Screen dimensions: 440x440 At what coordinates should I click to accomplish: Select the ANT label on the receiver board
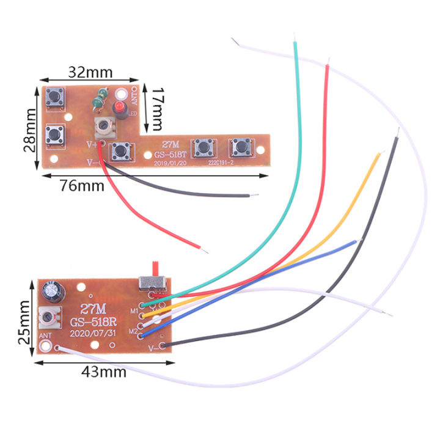point(44,335)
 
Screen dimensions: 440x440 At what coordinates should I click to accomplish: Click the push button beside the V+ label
point(119,149)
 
